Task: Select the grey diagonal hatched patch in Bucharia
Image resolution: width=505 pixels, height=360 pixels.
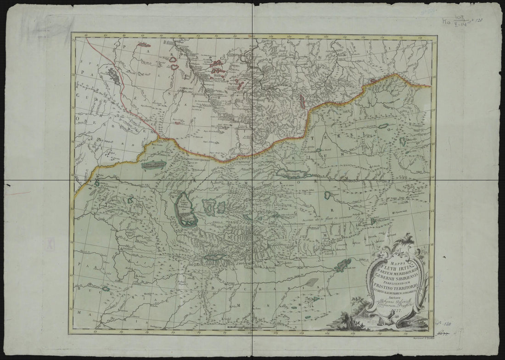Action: click(x=313, y=282)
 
